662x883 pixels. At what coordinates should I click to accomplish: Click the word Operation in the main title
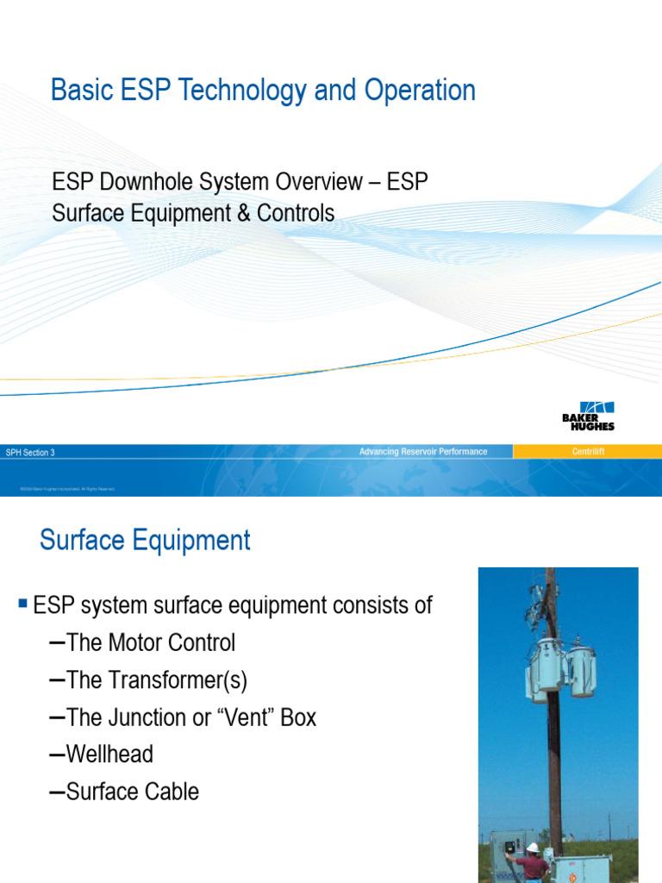coord(416,91)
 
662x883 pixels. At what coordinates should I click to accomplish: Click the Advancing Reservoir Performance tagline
coord(423,452)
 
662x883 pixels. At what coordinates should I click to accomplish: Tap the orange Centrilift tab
coord(588,452)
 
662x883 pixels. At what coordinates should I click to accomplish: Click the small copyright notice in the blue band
coord(67,489)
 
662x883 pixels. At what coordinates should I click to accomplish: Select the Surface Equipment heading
coord(145,541)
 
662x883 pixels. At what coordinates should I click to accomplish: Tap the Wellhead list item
coord(109,755)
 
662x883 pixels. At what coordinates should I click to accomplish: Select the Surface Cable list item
coord(132,792)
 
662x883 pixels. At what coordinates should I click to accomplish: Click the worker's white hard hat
coord(533,848)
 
